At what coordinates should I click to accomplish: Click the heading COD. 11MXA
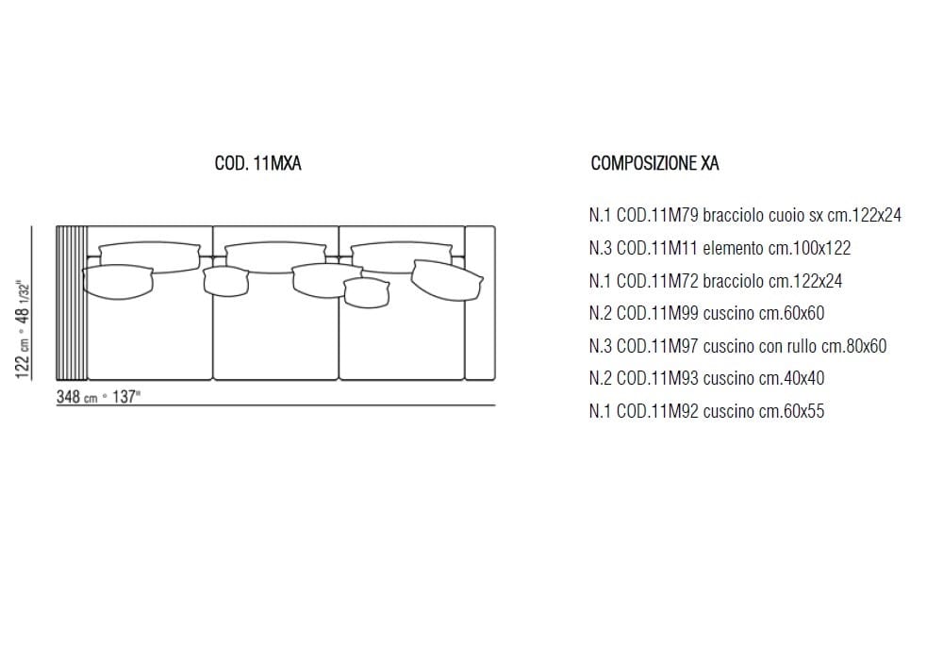pyautogui.click(x=257, y=163)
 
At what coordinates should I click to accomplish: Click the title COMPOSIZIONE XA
pyautogui.click(x=654, y=163)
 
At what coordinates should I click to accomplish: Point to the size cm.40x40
pyautogui.click(x=791, y=378)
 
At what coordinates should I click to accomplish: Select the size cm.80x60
pyautogui.click(x=857, y=346)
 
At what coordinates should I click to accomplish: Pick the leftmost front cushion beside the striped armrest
pyautogui.click(x=118, y=282)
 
